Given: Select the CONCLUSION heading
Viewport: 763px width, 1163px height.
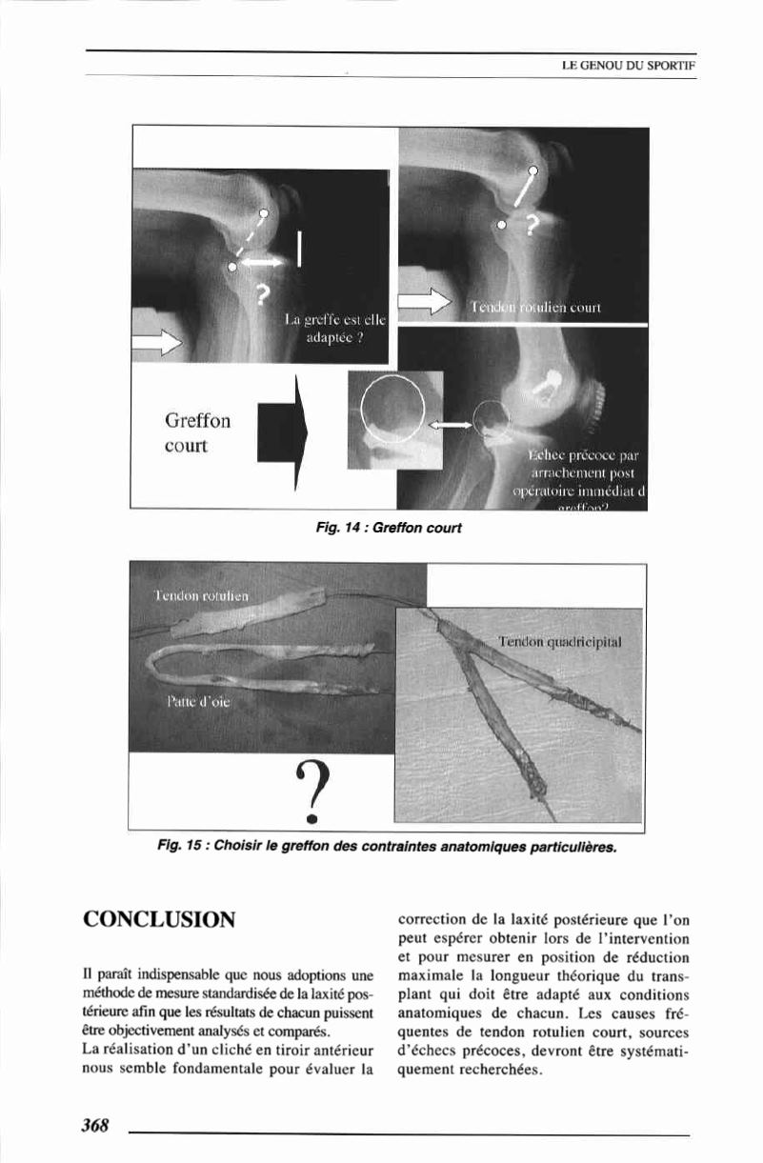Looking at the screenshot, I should pos(159,919).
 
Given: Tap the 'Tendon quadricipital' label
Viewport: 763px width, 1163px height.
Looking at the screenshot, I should pos(560,642).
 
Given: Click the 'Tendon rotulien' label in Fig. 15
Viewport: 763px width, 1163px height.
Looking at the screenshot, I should pos(201,595).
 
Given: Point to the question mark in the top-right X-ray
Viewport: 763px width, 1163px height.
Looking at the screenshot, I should pos(532,226).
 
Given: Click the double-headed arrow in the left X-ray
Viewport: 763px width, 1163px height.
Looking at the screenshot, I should pos(261,259).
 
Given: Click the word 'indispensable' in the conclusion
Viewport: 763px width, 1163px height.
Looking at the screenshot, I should pos(169,974).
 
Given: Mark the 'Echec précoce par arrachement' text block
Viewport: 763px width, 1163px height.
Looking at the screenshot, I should pos(576,471).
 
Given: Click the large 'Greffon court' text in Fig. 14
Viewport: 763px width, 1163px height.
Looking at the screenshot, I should pos(198,432).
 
